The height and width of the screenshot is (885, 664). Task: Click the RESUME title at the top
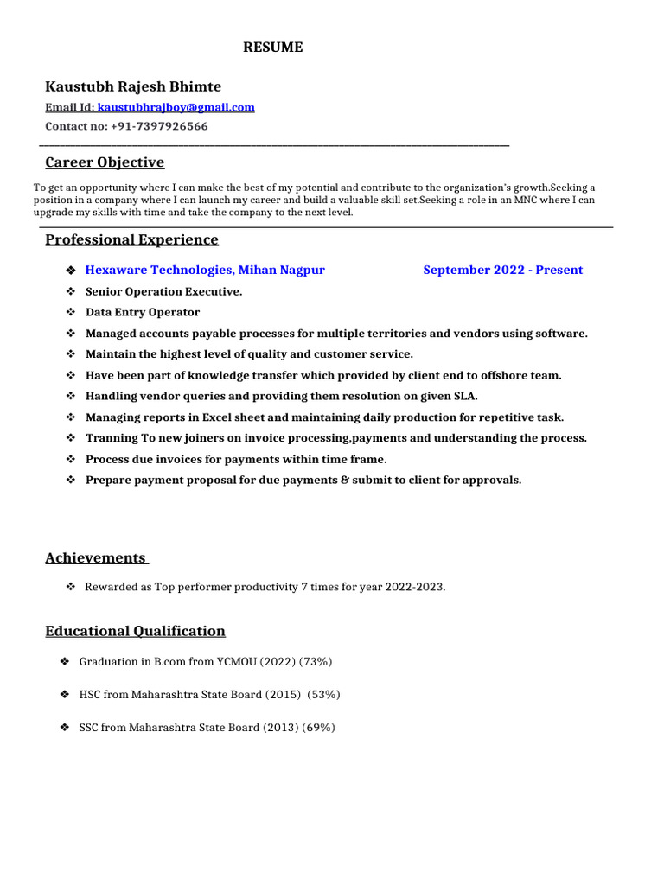(272, 48)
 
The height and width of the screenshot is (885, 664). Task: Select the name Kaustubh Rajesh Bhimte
(133, 87)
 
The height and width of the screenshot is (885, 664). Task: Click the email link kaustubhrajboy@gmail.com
(176, 108)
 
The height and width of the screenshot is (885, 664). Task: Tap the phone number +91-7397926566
(159, 126)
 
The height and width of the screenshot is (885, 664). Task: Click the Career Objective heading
(105, 162)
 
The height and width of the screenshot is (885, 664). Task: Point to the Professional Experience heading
(131, 239)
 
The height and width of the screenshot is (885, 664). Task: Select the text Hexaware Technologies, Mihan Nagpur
(205, 271)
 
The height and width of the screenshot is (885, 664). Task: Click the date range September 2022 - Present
(502, 271)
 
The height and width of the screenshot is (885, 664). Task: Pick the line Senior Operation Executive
(164, 292)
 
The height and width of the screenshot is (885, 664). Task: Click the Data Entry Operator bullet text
(143, 313)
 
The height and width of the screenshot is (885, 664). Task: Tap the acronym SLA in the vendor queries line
(464, 397)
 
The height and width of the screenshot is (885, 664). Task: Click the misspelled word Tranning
(112, 438)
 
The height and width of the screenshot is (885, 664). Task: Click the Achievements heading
(96, 558)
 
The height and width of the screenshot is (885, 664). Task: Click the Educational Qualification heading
(135, 632)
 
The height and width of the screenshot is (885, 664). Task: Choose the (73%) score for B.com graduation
(316, 662)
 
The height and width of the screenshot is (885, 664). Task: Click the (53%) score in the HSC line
(323, 695)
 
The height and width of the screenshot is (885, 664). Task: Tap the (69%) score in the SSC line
(318, 728)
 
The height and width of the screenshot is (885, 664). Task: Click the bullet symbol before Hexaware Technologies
(72, 271)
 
